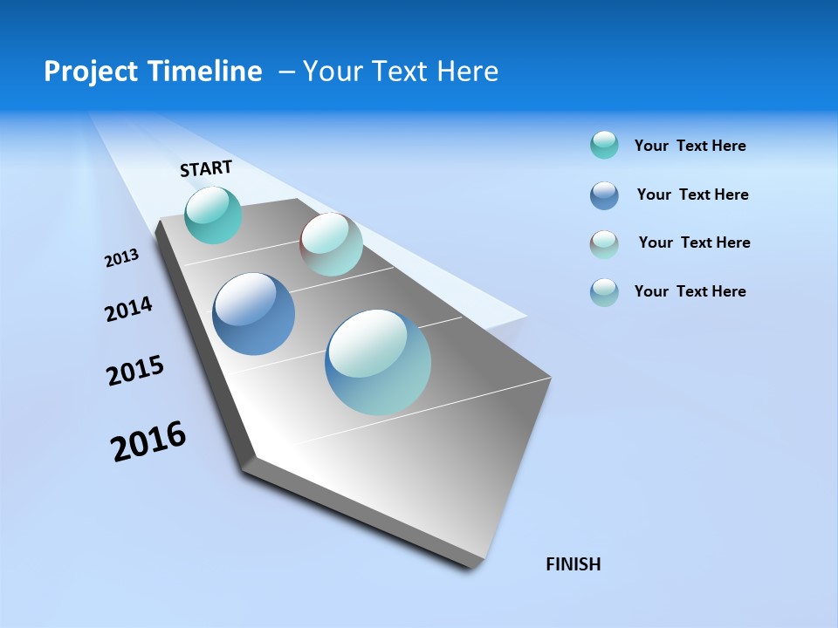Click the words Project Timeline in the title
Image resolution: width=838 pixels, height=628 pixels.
click(153, 72)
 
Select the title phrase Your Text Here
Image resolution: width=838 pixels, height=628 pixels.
click(401, 72)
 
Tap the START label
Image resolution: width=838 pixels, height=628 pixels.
click(206, 168)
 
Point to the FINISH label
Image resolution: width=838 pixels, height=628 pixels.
click(573, 564)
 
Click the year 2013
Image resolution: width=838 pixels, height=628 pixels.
click(121, 258)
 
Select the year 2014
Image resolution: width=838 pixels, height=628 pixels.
click(128, 310)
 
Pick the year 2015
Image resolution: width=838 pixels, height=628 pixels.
click(135, 372)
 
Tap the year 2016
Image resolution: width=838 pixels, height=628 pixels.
click(148, 441)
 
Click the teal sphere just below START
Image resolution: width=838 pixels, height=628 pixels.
click(213, 215)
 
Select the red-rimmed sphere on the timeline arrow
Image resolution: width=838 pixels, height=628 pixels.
click(331, 244)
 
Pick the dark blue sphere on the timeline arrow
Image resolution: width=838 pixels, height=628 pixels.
click(253, 314)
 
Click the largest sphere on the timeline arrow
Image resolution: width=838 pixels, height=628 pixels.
click(378, 362)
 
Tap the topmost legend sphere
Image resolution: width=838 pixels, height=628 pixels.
click(604, 145)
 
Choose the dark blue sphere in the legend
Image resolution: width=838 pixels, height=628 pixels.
click(604, 195)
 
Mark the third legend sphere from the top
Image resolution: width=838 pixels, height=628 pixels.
click(604, 244)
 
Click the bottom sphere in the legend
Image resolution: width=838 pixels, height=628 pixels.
click(604, 292)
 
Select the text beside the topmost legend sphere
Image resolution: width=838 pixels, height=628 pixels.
click(690, 146)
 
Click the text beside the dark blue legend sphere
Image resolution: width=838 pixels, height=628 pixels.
click(692, 195)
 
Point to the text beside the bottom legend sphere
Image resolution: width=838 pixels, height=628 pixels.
click(690, 291)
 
